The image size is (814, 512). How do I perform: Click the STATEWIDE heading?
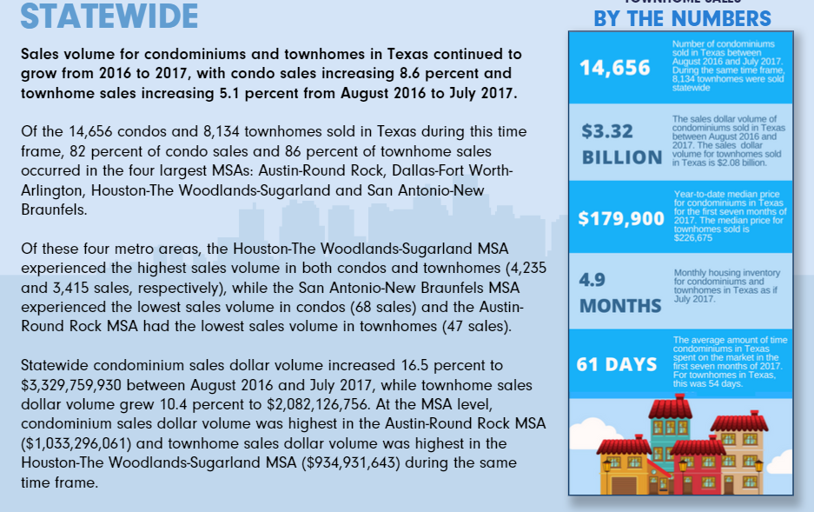(x=109, y=15)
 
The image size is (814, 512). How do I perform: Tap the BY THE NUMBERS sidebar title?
(x=682, y=18)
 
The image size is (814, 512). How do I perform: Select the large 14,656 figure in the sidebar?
(x=615, y=68)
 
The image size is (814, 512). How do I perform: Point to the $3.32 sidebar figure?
(x=607, y=131)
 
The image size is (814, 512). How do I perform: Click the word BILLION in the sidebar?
(x=622, y=157)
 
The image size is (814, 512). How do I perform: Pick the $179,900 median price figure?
(x=621, y=218)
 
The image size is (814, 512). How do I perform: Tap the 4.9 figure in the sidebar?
(x=592, y=280)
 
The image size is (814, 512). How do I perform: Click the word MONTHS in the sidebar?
(x=620, y=306)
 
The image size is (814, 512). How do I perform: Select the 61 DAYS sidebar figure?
(x=616, y=364)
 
